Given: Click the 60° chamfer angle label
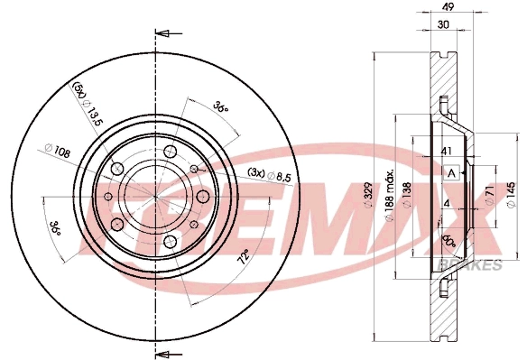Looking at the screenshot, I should (449, 243).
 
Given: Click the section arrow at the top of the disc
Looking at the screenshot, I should (163, 34).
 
